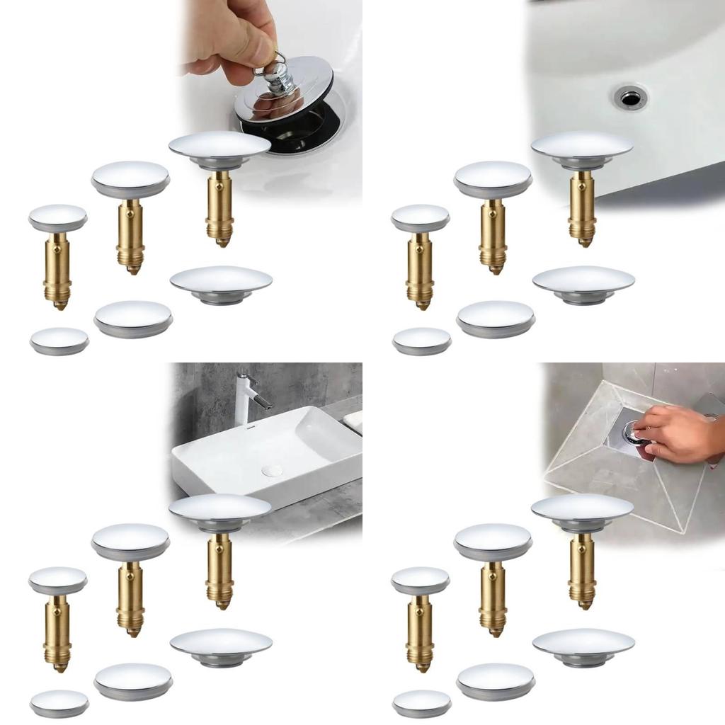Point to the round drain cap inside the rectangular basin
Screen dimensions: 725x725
pos(272,471)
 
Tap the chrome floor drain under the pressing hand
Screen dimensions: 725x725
pos(632,433)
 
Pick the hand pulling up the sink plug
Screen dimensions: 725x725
pos(234,35)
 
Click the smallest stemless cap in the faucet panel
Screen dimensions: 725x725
pos(59,702)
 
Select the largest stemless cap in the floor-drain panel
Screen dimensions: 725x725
pos(583,646)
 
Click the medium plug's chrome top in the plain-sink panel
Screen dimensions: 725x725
pos(493,178)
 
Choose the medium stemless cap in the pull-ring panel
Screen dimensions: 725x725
pos(133,318)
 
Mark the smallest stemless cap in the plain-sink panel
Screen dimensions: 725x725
pos(422,340)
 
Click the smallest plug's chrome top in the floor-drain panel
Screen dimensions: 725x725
pos(421,580)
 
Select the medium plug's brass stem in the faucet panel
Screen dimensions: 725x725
pos(130,599)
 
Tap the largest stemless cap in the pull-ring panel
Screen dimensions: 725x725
pos(221,283)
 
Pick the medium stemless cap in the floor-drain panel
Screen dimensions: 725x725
pos(496,680)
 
